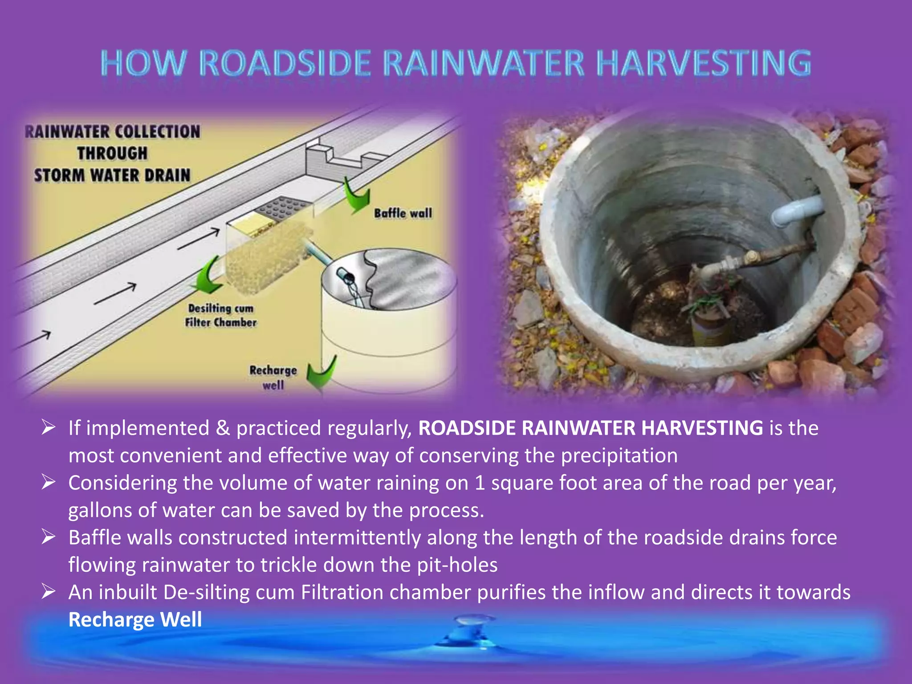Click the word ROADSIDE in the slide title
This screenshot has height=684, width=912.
[285, 63]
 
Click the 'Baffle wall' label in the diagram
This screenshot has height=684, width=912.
[403, 213]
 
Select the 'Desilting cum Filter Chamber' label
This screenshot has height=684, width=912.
[221, 315]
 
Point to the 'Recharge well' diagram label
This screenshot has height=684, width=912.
[273, 377]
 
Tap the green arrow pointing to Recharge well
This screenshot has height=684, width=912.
[322, 373]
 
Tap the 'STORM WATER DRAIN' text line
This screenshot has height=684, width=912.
[112, 175]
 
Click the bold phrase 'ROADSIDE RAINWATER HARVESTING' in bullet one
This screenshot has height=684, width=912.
[590, 428]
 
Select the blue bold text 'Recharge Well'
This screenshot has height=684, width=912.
[135, 619]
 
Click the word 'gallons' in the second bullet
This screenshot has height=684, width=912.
[99, 510]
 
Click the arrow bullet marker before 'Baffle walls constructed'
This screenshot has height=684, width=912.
[48, 537]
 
